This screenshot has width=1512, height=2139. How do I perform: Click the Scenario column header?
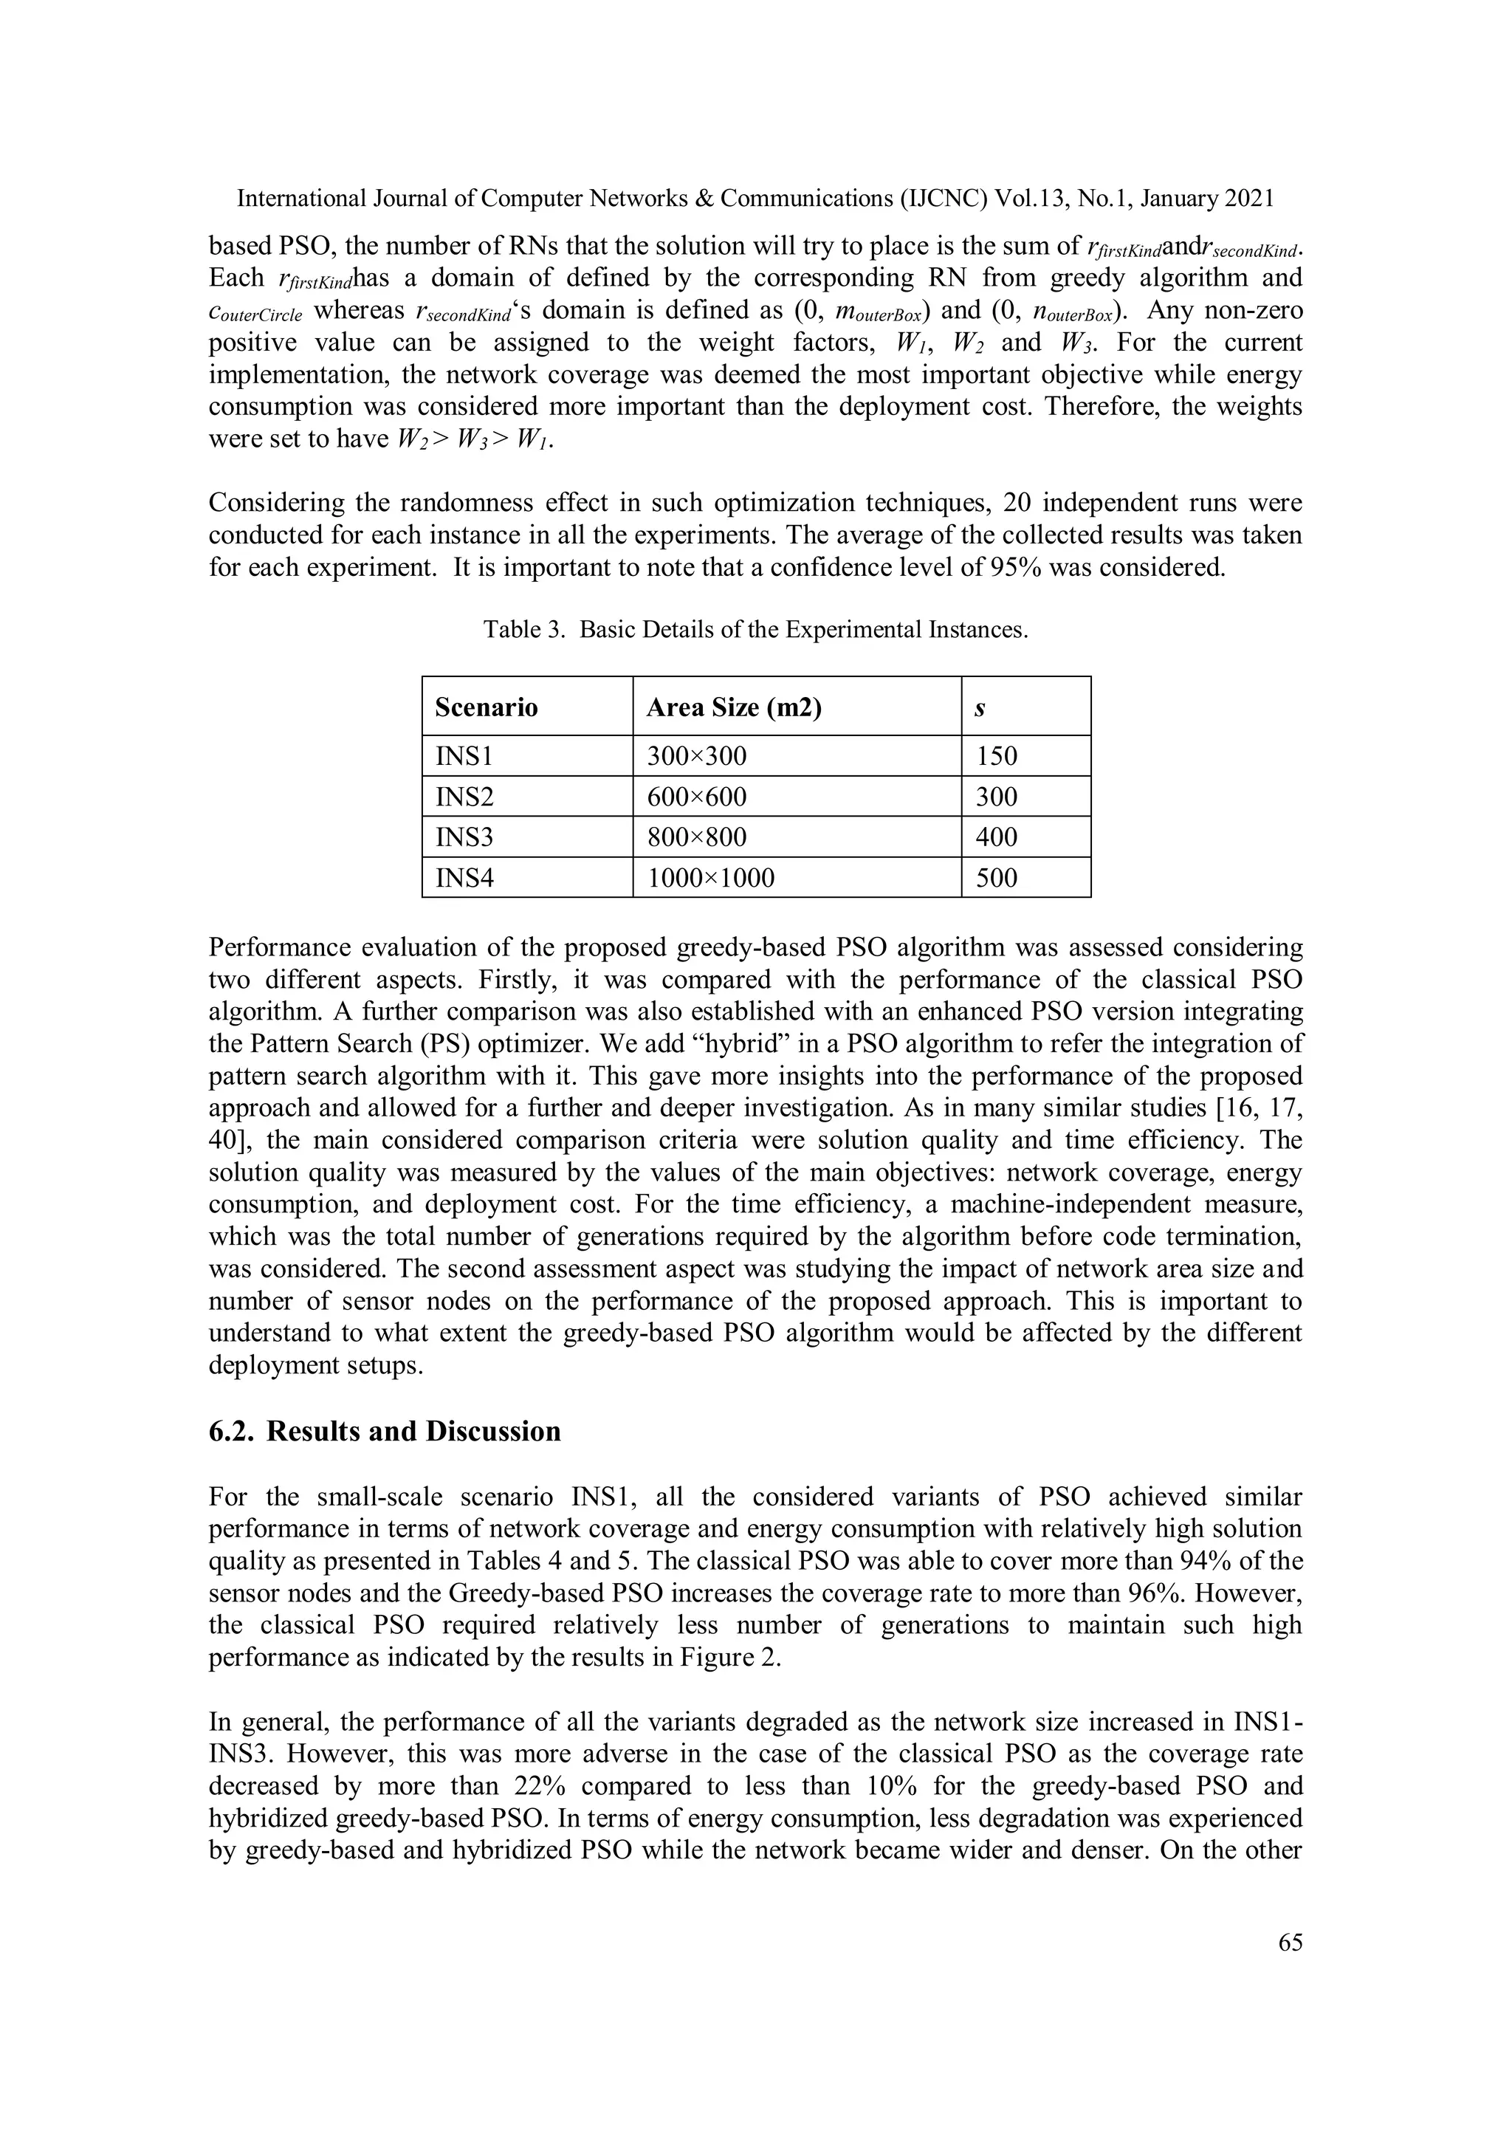[x=487, y=707]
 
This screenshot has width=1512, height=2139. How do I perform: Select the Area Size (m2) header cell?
[x=733, y=707]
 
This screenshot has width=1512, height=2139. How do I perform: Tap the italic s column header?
[x=980, y=708]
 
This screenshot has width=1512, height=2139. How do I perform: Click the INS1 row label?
[x=463, y=755]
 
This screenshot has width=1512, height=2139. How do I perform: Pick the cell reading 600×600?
[x=696, y=797]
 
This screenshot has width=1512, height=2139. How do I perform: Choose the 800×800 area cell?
[x=696, y=837]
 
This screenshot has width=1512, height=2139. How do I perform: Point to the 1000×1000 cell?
[x=710, y=878]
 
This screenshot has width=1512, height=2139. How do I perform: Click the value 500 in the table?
[x=996, y=878]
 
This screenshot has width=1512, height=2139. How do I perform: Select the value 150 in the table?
[x=996, y=755]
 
